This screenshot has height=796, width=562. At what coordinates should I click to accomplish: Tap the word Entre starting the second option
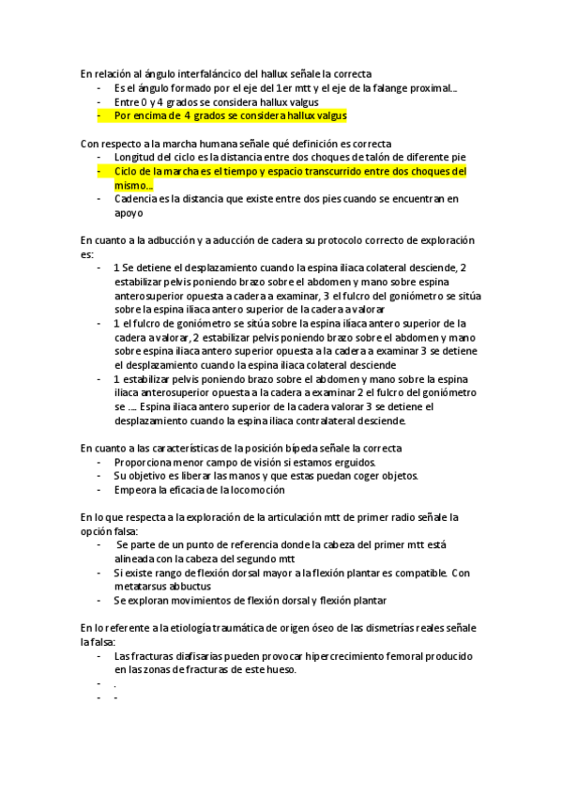[x=127, y=101]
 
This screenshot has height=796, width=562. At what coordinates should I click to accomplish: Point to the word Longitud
[x=137, y=157]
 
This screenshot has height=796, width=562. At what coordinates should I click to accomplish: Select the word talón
[x=367, y=157]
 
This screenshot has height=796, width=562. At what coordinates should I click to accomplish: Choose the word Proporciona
[x=144, y=462]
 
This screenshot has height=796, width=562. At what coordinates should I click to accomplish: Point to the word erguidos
[x=353, y=462]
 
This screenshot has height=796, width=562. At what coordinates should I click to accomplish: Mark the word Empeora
[x=136, y=489]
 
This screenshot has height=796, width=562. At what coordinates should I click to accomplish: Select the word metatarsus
[x=142, y=586]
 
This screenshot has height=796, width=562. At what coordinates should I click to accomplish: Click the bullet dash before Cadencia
[x=99, y=199]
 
